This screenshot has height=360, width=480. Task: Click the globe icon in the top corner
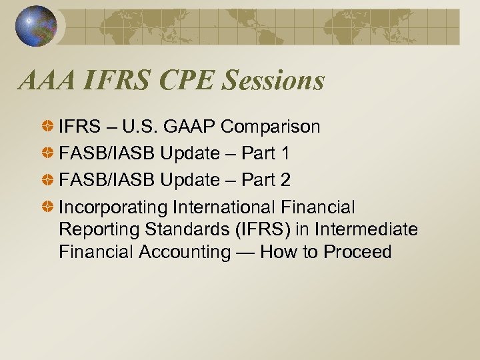(36, 25)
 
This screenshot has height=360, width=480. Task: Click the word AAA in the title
(48, 81)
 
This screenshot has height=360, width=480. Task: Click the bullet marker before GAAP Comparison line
(49, 127)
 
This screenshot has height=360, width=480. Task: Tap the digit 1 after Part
(285, 153)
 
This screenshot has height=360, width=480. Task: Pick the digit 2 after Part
(285, 180)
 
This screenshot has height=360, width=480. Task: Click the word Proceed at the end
(357, 252)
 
